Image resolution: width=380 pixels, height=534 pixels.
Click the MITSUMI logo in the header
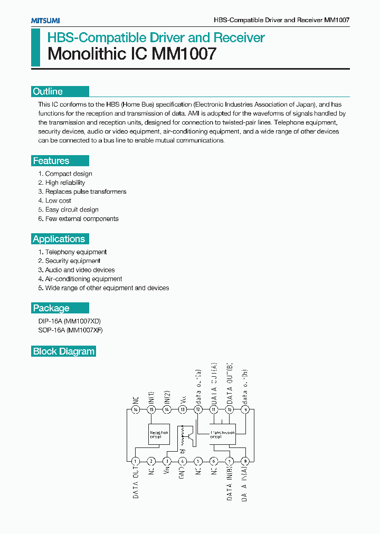coord(45,20)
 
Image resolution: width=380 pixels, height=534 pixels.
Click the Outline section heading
coord(48,91)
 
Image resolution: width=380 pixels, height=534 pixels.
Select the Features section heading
coord(51,161)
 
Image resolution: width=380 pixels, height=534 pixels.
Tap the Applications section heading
coord(59,239)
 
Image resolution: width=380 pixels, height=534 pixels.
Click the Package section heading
coord(51,308)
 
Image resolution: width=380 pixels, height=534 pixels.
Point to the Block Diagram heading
coord(64,351)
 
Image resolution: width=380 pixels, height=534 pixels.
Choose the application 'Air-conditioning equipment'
coord(83,279)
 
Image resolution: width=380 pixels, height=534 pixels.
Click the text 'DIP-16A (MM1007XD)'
coord(69,321)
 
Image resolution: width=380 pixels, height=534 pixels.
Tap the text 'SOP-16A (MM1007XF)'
coord(70,330)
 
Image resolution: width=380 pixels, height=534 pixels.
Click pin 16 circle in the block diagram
coord(136,409)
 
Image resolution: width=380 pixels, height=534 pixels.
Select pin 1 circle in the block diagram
coord(136,461)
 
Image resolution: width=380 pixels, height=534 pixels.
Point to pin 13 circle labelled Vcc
coord(183,409)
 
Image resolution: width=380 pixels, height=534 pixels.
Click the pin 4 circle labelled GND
coord(183,461)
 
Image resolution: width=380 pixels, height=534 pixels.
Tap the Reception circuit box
coord(159,434)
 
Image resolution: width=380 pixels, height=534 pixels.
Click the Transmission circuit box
coord(222,434)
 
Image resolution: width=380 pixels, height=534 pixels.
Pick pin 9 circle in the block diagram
coord(245,461)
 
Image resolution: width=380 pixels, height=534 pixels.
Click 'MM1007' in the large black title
coord(184,54)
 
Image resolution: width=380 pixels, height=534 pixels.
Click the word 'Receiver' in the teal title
coord(239,37)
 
